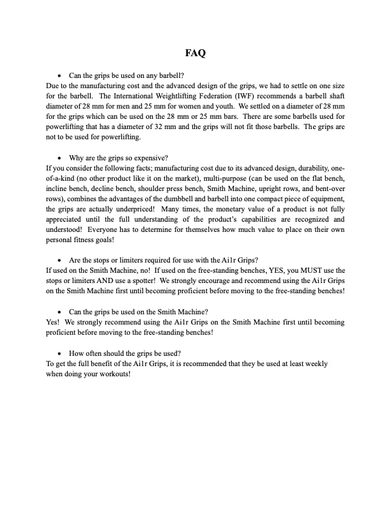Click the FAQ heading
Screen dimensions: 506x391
pos(195,54)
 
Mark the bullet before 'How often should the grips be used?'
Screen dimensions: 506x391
pos(59,353)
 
